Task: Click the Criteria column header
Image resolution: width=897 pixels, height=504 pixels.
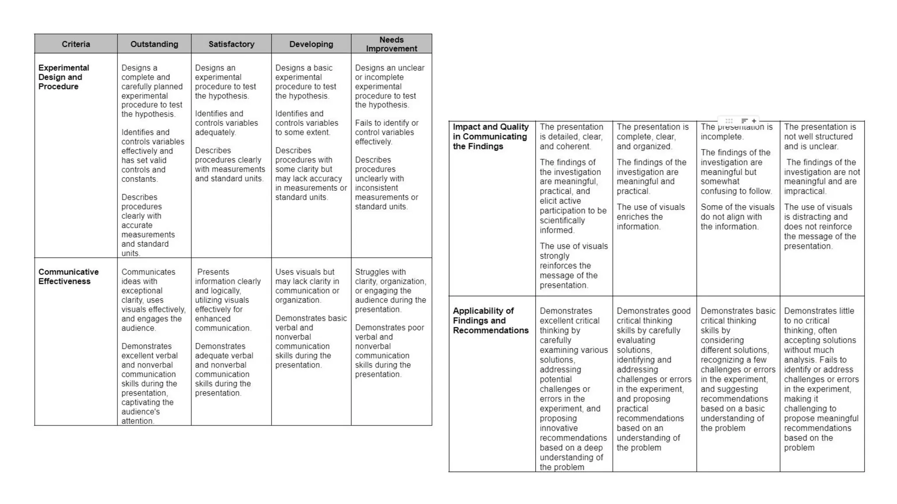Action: click(x=76, y=44)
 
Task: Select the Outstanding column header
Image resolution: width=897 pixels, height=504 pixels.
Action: click(x=154, y=44)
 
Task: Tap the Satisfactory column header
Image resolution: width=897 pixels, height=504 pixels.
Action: click(x=231, y=44)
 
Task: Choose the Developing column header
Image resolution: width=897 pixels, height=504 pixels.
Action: click(x=311, y=44)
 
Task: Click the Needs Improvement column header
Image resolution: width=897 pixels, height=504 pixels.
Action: click(x=392, y=44)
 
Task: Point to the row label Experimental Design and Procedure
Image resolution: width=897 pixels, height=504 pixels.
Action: click(x=64, y=77)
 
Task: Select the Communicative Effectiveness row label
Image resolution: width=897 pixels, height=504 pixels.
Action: click(x=68, y=276)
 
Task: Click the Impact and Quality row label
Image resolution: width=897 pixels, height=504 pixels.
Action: click(x=491, y=136)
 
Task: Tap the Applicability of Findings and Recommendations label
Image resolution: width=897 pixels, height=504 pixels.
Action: click(x=491, y=321)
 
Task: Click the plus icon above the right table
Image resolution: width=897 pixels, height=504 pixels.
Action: click(x=754, y=121)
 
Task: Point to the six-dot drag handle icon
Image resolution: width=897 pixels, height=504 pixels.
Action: click(x=729, y=121)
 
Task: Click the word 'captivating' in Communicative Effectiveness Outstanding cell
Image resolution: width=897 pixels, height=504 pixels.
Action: click(x=141, y=402)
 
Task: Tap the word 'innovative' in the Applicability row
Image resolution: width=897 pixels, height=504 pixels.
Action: click(x=558, y=428)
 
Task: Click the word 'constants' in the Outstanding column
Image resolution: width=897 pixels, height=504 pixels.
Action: click(x=139, y=179)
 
